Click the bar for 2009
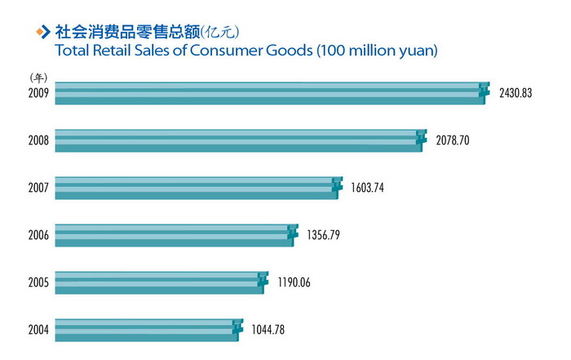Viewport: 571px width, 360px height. pos(269,93)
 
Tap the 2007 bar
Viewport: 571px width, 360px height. pos(196,187)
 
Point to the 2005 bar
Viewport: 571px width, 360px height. pos(159,282)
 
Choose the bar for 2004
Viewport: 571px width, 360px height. pos(147,330)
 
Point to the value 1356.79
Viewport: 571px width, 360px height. pos(323,235)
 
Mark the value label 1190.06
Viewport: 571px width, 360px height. pos(293,283)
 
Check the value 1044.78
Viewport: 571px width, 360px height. pos(268,331)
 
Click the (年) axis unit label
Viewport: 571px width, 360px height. pos(38,77)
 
